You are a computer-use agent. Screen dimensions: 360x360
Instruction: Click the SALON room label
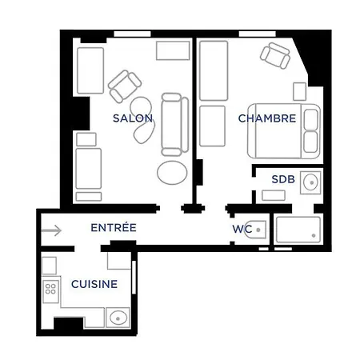(133, 118)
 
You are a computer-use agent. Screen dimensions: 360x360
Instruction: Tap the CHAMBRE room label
(267, 118)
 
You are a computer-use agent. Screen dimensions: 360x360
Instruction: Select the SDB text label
(283, 179)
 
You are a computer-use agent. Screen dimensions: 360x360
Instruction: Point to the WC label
(242, 230)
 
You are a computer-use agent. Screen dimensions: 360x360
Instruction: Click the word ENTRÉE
(113, 228)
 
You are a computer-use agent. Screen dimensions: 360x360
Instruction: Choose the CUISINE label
(94, 284)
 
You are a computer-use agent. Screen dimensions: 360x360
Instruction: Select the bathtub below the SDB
(298, 230)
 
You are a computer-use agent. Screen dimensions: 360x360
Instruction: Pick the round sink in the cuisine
(118, 318)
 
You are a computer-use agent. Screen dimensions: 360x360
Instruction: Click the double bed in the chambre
(284, 130)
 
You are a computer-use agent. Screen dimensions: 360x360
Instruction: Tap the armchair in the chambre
(275, 55)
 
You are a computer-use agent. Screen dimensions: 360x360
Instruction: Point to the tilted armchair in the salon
(125, 86)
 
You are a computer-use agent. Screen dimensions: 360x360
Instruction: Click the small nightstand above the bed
(300, 91)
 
